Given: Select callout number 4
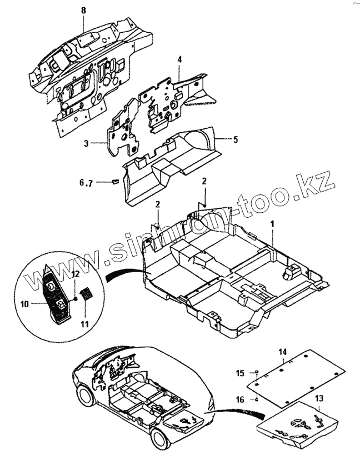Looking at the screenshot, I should point(180,59).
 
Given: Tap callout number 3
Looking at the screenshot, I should point(87,144).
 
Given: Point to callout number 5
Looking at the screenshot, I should point(236,139).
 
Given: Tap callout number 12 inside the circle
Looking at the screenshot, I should point(76,276).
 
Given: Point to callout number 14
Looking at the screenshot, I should point(282,352).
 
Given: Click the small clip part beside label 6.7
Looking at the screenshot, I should point(114,181).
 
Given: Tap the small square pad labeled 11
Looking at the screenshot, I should point(87,293).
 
